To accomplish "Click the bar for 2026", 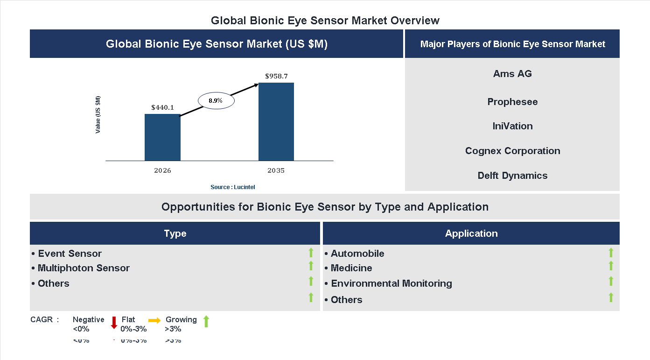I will (162, 137).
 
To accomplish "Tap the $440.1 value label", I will (162, 107).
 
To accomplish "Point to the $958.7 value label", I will (276, 76).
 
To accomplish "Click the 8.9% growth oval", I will (216, 100).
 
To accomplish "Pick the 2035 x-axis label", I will (276, 170).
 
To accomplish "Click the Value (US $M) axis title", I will (98, 114).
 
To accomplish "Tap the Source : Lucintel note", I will (233, 187).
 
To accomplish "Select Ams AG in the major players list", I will (512, 74).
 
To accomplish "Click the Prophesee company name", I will (512, 102).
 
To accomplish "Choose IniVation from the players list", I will (512, 126).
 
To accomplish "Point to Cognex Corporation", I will (512, 151).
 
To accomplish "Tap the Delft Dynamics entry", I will (512, 176).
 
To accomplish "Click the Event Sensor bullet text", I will (70, 254).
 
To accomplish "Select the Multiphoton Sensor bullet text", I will (84, 268).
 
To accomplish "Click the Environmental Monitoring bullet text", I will (391, 283).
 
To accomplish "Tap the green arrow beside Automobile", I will (611, 253).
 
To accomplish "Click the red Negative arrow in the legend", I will (114, 323).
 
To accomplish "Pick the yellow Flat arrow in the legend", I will (154, 320).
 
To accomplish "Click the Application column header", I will (471, 233).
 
